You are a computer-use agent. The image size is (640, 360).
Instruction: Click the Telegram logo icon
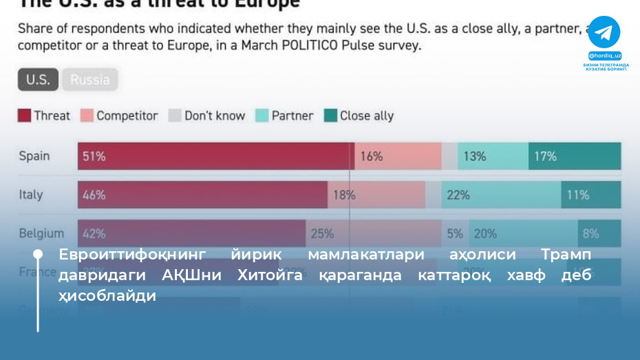[x=604, y=32]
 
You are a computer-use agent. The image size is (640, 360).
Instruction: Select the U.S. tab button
[x=38, y=80]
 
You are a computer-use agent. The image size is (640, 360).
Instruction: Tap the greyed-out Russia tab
[x=90, y=80]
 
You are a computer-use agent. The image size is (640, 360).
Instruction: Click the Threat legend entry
[x=44, y=116]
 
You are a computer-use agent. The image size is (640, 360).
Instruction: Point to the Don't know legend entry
[x=206, y=116]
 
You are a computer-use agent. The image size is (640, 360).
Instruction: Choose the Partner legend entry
[x=284, y=116]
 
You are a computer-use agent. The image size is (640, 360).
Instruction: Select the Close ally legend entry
[x=359, y=116]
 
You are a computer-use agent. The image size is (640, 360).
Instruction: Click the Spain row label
[x=34, y=156]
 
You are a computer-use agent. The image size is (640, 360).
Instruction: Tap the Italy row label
[x=31, y=195]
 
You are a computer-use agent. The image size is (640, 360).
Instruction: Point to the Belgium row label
[x=41, y=233]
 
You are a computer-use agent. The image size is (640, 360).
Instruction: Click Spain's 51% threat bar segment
[x=215, y=156]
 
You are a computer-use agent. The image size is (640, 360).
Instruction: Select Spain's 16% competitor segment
[x=398, y=156]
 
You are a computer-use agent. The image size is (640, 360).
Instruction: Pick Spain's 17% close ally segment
[x=575, y=156]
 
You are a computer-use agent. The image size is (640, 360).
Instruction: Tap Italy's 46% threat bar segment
[x=202, y=195]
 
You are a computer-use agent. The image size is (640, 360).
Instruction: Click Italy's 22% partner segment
[x=501, y=195]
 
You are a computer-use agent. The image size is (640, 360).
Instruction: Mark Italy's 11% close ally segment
[x=590, y=195]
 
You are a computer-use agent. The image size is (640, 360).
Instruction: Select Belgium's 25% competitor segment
[x=373, y=233]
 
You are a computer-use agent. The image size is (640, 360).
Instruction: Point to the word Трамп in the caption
[x=566, y=255]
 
